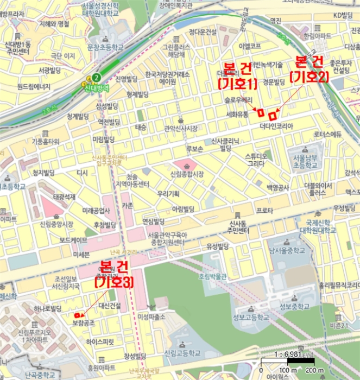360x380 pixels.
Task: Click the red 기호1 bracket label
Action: tap(237, 84)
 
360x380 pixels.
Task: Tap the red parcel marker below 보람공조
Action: tap(78, 315)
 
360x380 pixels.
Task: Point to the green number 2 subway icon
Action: tap(97, 77)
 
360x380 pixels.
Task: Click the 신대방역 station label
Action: tap(96, 87)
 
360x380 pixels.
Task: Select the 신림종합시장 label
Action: tap(187, 174)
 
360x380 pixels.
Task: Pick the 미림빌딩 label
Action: tap(105, 140)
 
